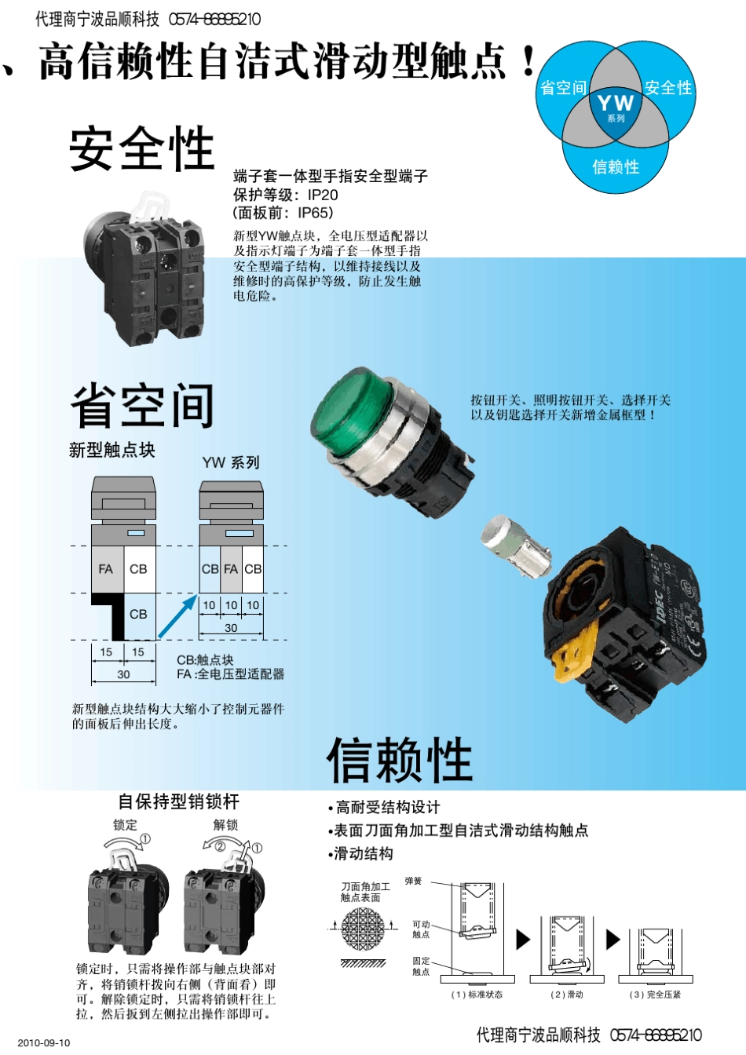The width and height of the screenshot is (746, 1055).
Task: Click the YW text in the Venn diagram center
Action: [x=615, y=103]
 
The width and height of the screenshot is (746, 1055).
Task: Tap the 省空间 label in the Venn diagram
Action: [x=563, y=88]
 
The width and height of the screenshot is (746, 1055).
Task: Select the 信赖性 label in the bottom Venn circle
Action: [x=616, y=166]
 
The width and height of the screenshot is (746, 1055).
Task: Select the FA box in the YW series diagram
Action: [x=231, y=569]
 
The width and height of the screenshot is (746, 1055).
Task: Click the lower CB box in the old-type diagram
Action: [x=138, y=614]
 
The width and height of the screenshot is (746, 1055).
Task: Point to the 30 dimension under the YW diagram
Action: [x=231, y=628]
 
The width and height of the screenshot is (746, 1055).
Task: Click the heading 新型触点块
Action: [x=112, y=450]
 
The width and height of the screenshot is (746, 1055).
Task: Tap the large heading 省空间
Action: [x=142, y=406]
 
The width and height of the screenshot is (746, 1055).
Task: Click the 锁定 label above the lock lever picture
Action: [x=125, y=825]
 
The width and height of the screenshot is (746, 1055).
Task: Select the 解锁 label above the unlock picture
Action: [x=225, y=825]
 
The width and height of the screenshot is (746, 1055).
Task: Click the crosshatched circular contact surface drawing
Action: [x=364, y=929]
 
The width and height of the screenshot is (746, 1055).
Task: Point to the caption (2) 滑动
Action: [x=567, y=995]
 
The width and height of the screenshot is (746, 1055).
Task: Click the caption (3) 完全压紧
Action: [x=655, y=995]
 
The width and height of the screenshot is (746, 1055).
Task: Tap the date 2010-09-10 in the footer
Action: [x=44, y=1042]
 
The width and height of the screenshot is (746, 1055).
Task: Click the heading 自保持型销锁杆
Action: [x=178, y=801]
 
